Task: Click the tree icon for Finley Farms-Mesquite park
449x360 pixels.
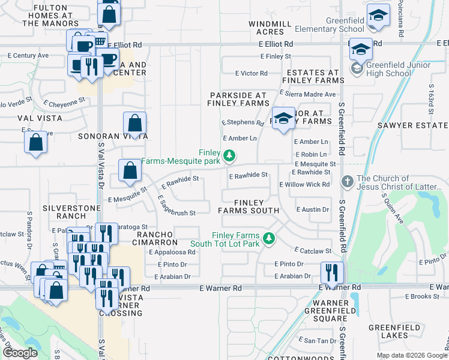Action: (229, 157)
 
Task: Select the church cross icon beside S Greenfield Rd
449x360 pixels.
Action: (347, 181)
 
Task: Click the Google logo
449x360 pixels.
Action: (20, 353)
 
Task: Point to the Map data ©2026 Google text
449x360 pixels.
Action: (411, 355)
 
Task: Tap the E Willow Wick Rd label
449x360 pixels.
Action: (305, 184)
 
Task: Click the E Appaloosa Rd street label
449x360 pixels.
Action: (172, 253)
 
